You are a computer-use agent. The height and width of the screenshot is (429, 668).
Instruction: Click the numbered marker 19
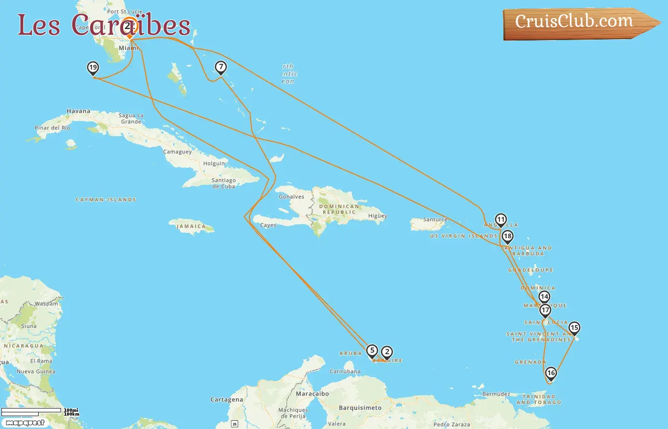[93, 68]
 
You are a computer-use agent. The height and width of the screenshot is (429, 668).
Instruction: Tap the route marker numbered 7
[220, 67]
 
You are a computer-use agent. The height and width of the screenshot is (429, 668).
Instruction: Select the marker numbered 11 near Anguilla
[501, 220]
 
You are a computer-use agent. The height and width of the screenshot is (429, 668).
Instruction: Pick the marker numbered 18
[507, 236]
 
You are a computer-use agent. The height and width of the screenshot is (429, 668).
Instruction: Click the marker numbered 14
[544, 297]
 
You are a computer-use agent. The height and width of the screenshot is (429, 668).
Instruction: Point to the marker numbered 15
[574, 328]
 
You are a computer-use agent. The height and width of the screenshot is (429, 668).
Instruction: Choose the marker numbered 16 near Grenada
[551, 373]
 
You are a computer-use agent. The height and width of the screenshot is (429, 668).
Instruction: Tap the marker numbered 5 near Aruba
[372, 351]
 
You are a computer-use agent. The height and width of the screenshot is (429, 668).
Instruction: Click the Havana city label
[78, 111]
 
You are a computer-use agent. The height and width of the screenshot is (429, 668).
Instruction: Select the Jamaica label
[191, 226]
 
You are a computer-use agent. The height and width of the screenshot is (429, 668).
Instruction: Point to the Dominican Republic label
[339, 209]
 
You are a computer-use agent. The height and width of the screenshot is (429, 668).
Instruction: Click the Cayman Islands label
[106, 200]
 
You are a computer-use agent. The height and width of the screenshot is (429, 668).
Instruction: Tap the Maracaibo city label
[312, 394]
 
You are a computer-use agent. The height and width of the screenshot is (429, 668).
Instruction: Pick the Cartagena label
[227, 399]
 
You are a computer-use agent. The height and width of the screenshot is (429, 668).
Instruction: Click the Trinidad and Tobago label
[539, 399]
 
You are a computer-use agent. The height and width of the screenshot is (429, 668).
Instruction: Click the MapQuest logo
[25, 423]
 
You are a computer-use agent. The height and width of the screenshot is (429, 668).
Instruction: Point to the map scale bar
[31, 411]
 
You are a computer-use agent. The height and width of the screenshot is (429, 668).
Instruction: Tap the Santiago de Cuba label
[224, 183]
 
